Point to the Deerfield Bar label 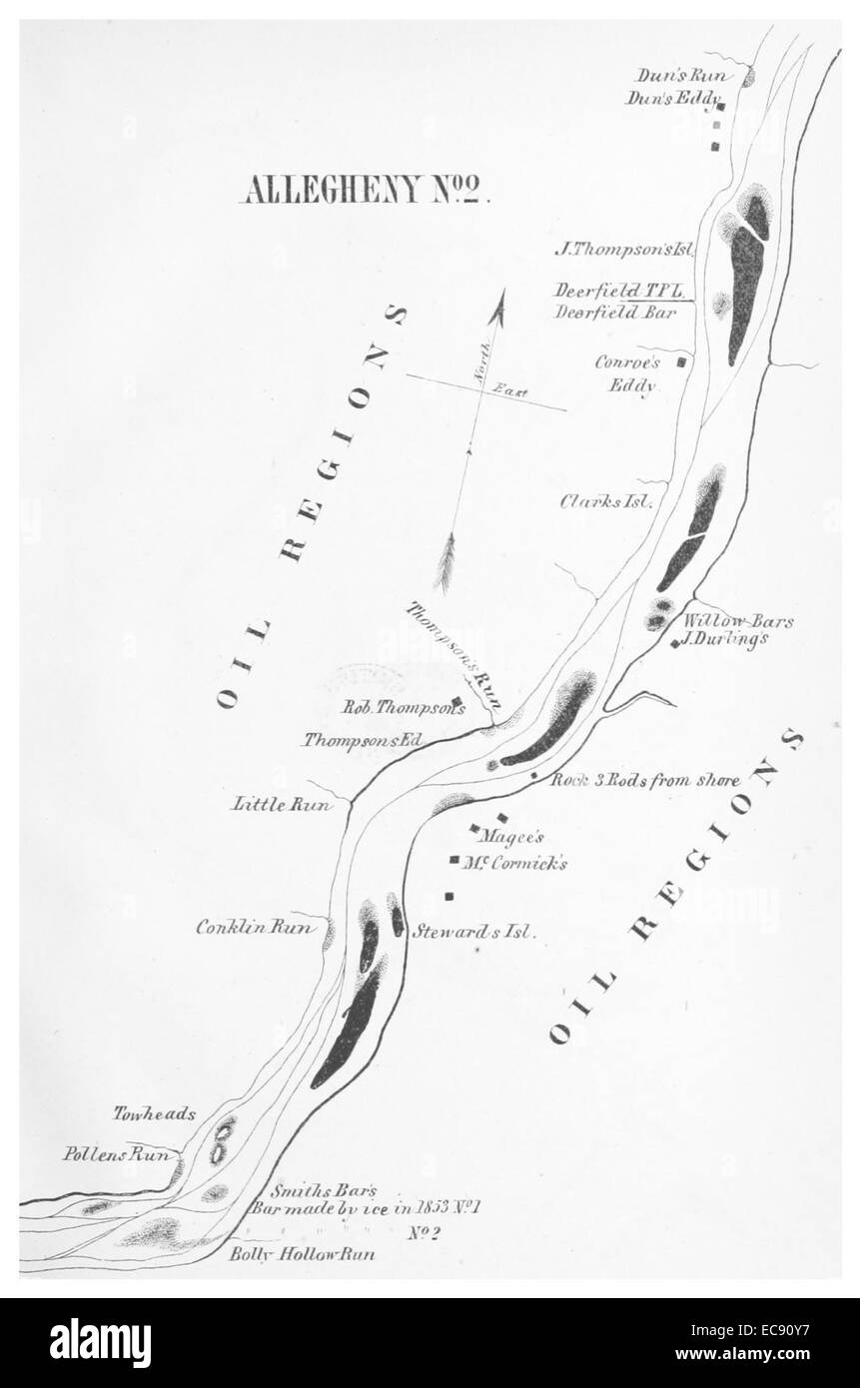click(616, 312)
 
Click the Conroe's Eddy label click(627, 373)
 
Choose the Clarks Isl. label click(606, 502)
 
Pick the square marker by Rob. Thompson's click(456, 700)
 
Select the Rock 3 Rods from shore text click(645, 780)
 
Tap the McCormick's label click(514, 863)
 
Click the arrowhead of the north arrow click(501, 303)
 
